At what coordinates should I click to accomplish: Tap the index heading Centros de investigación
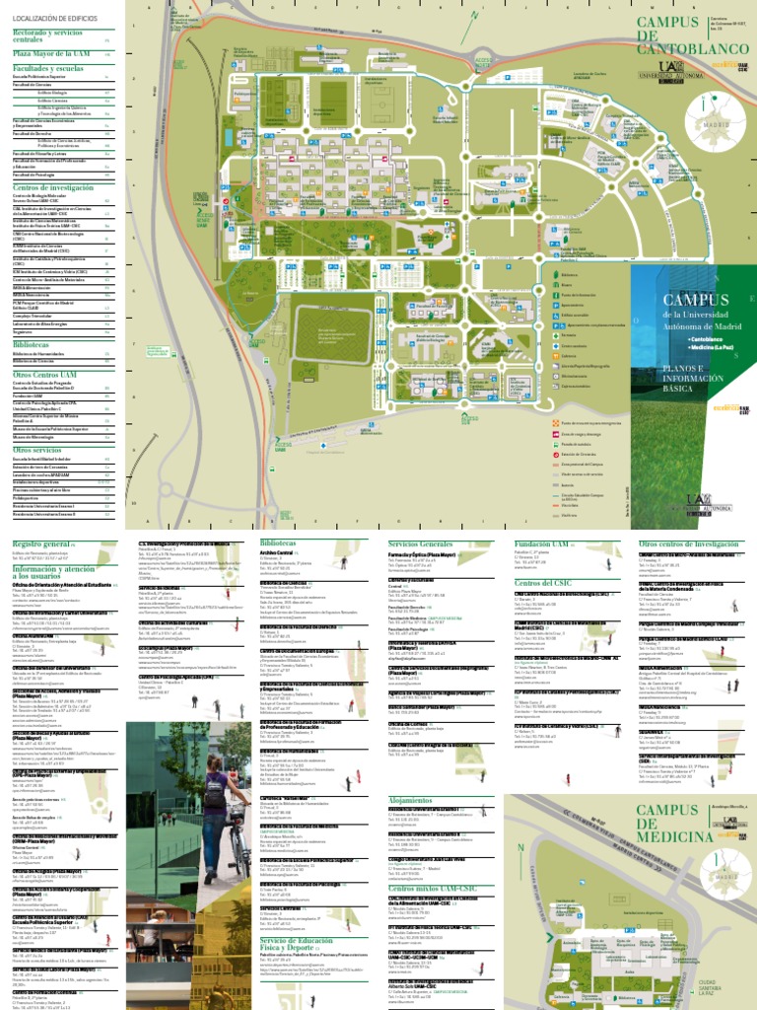[x=53, y=187]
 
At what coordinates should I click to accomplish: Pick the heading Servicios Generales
[x=421, y=543]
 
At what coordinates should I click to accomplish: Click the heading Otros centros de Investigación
[x=688, y=543]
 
